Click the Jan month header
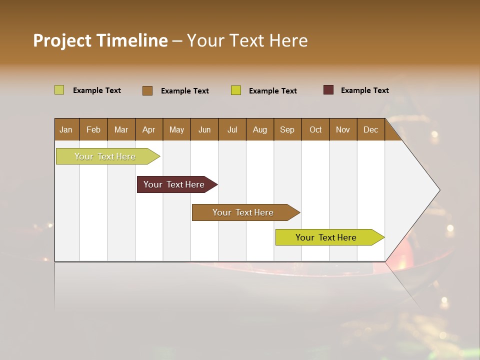click(x=66, y=129)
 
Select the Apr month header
click(x=148, y=129)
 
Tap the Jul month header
click(x=232, y=129)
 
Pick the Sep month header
click(x=287, y=129)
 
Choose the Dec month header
click(x=370, y=129)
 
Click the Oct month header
click(x=315, y=129)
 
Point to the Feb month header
click(x=93, y=129)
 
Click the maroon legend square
click(x=328, y=90)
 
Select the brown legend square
click(x=147, y=90)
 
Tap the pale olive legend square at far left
click(x=59, y=90)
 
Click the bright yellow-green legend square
click(x=236, y=90)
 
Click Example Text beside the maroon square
click(x=364, y=90)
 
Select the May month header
click(x=176, y=129)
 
